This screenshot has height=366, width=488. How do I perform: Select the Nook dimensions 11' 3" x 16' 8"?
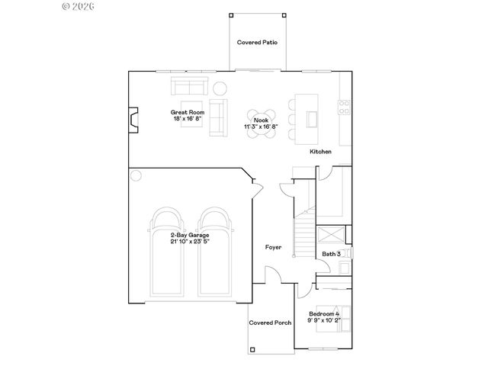[261, 126]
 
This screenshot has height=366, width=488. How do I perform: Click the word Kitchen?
[320, 152]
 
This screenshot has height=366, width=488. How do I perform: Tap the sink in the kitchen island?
[312, 118]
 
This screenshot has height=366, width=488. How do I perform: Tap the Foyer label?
[273, 247]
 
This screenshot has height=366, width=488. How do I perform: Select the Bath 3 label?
[331, 254]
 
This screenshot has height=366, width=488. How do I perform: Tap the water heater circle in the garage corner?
[136, 175]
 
